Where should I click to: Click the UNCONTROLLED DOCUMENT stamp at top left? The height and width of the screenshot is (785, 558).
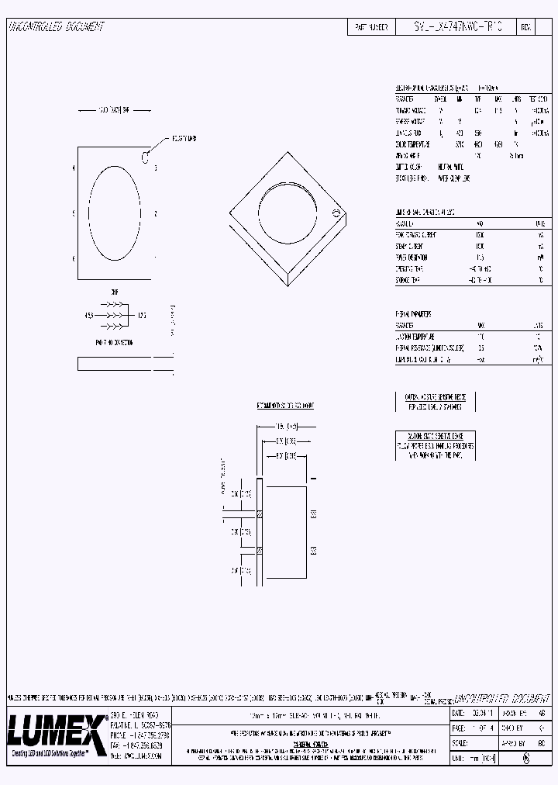[55, 27]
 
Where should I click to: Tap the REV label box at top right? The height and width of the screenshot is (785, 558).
[525, 27]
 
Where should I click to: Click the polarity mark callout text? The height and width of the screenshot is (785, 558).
[184, 138]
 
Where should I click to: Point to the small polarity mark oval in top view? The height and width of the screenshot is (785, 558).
[144, 158]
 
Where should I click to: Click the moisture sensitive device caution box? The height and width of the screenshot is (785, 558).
[435, 402]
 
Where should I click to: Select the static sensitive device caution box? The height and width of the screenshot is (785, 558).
[436, 446]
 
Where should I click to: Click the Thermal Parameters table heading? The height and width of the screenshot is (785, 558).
[414, 314]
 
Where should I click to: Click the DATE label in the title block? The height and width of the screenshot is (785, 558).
[458, 712]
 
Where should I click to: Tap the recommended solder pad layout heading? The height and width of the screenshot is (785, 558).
[284, 406]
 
